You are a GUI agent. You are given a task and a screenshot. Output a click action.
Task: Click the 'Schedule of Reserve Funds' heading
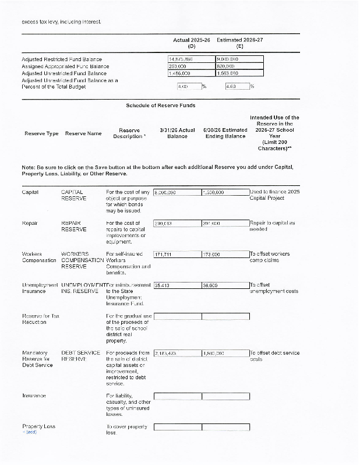pos(161,105)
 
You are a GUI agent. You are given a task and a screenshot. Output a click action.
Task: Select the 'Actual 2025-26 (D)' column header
pos(192,43)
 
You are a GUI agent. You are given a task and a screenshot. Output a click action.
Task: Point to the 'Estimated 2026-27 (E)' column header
pos(240,43)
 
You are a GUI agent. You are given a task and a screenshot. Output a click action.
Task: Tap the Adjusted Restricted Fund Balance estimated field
pos(239,59)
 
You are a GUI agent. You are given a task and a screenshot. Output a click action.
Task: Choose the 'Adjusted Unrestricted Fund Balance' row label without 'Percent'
pos(64,73)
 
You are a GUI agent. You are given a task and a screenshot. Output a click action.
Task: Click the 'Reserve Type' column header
pos(41,133)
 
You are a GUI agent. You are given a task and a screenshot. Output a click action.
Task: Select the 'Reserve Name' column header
pos(83,133)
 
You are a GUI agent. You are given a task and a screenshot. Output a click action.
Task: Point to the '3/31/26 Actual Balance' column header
pos(177,133)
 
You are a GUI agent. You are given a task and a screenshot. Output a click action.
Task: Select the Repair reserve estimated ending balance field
pos(225,223)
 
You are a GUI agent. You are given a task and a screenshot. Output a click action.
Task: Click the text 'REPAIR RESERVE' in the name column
pos(74,226)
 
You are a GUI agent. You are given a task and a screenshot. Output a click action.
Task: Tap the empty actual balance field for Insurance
pos(177,396)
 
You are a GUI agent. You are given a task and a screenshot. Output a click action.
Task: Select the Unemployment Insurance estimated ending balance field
pos(225,285)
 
